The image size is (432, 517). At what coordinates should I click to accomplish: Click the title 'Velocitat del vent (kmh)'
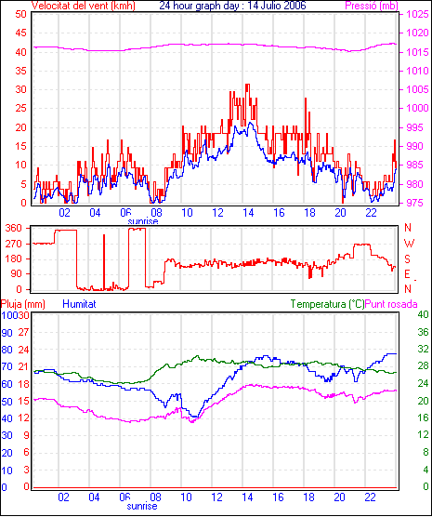[x=83, y=6]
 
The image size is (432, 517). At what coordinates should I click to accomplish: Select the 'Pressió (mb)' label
[x=372, y=6]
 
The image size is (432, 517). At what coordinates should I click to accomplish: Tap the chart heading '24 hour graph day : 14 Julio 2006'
[x=232, y=6]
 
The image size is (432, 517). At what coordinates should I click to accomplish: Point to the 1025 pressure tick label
[x=417, y=14]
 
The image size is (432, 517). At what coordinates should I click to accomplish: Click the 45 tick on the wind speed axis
[x=21, y=33]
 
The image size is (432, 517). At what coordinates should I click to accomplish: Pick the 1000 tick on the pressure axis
[x=417, y=108]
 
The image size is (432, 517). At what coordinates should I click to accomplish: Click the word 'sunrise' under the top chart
[x=143, y=221]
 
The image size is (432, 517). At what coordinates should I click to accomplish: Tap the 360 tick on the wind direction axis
[x=14, y=228]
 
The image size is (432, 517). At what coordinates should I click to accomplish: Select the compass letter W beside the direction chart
[x=409, y=244]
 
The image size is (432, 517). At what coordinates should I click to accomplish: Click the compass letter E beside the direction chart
[x=407, y=274]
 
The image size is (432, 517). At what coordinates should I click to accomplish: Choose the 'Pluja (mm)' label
[x=22, y=304]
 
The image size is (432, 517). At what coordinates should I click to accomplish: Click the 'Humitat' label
[x=79, y=304]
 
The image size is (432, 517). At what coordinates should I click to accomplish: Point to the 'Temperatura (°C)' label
[x=328, y=304]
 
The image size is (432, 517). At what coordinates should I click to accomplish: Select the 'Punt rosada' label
[x=391, y=304]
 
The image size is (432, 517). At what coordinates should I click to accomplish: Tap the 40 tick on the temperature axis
[x=423, y=314]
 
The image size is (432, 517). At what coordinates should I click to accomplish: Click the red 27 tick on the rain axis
[x=23, y=332]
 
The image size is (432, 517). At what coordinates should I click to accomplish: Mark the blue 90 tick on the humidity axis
[x=7, y=333]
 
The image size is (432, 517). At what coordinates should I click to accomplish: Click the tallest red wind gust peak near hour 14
[x=247, y=85]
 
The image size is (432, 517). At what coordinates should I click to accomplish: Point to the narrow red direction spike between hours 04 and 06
[x=104, y=262]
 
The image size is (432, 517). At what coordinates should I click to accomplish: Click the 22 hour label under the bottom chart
[x=371, y=497]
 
